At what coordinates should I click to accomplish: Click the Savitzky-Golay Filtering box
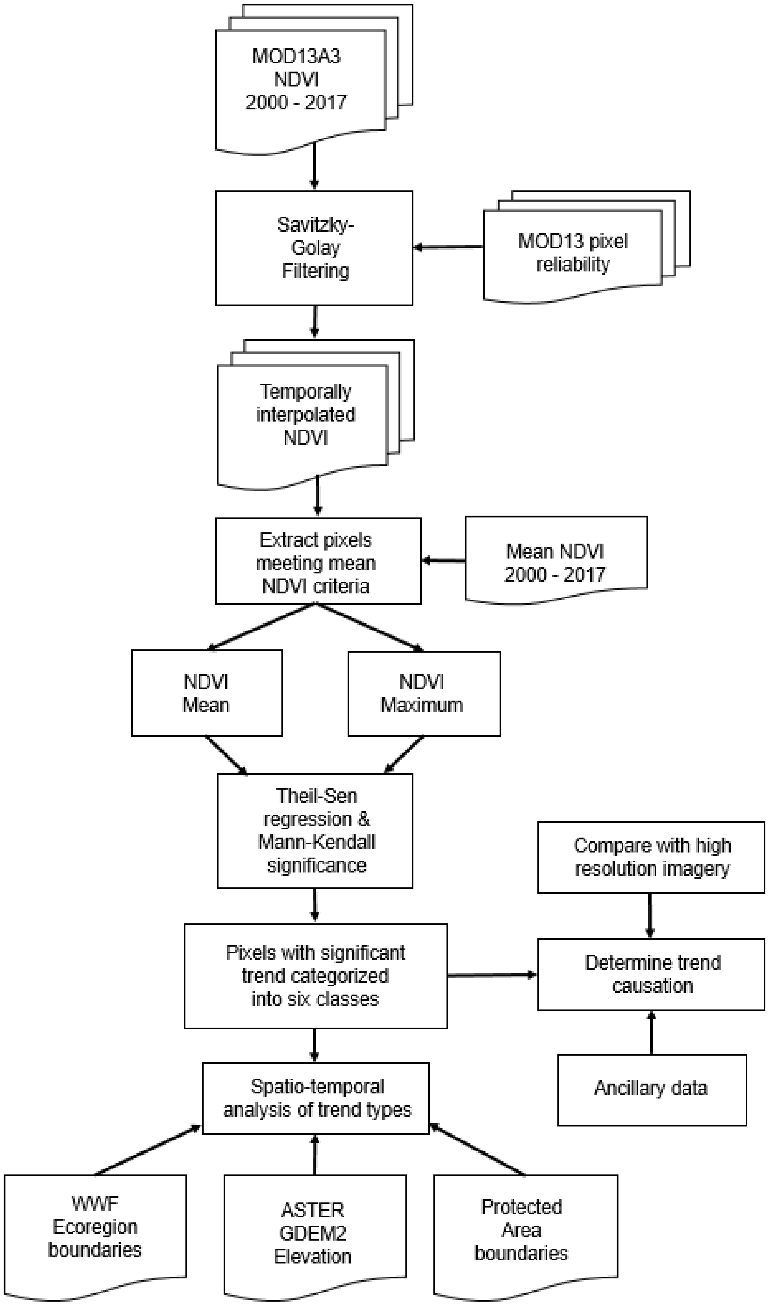click(314, 248)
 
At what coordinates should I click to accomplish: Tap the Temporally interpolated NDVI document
click(305, 415)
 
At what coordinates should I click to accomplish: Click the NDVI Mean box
click(207, 693)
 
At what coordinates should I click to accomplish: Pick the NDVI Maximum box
click(424, 693)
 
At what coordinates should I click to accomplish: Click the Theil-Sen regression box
click(315, 831)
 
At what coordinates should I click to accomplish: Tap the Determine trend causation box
click(651, 974)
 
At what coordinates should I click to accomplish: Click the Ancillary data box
click(651, 1088)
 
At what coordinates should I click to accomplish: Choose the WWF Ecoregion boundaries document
click(95, 1227)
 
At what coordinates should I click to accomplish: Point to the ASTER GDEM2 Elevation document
click(314, 1233)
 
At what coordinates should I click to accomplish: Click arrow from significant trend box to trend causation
click(492, 975)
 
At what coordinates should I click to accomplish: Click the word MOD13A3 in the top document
click(296, 56)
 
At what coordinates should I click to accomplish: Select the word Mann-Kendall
click(316, 842)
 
